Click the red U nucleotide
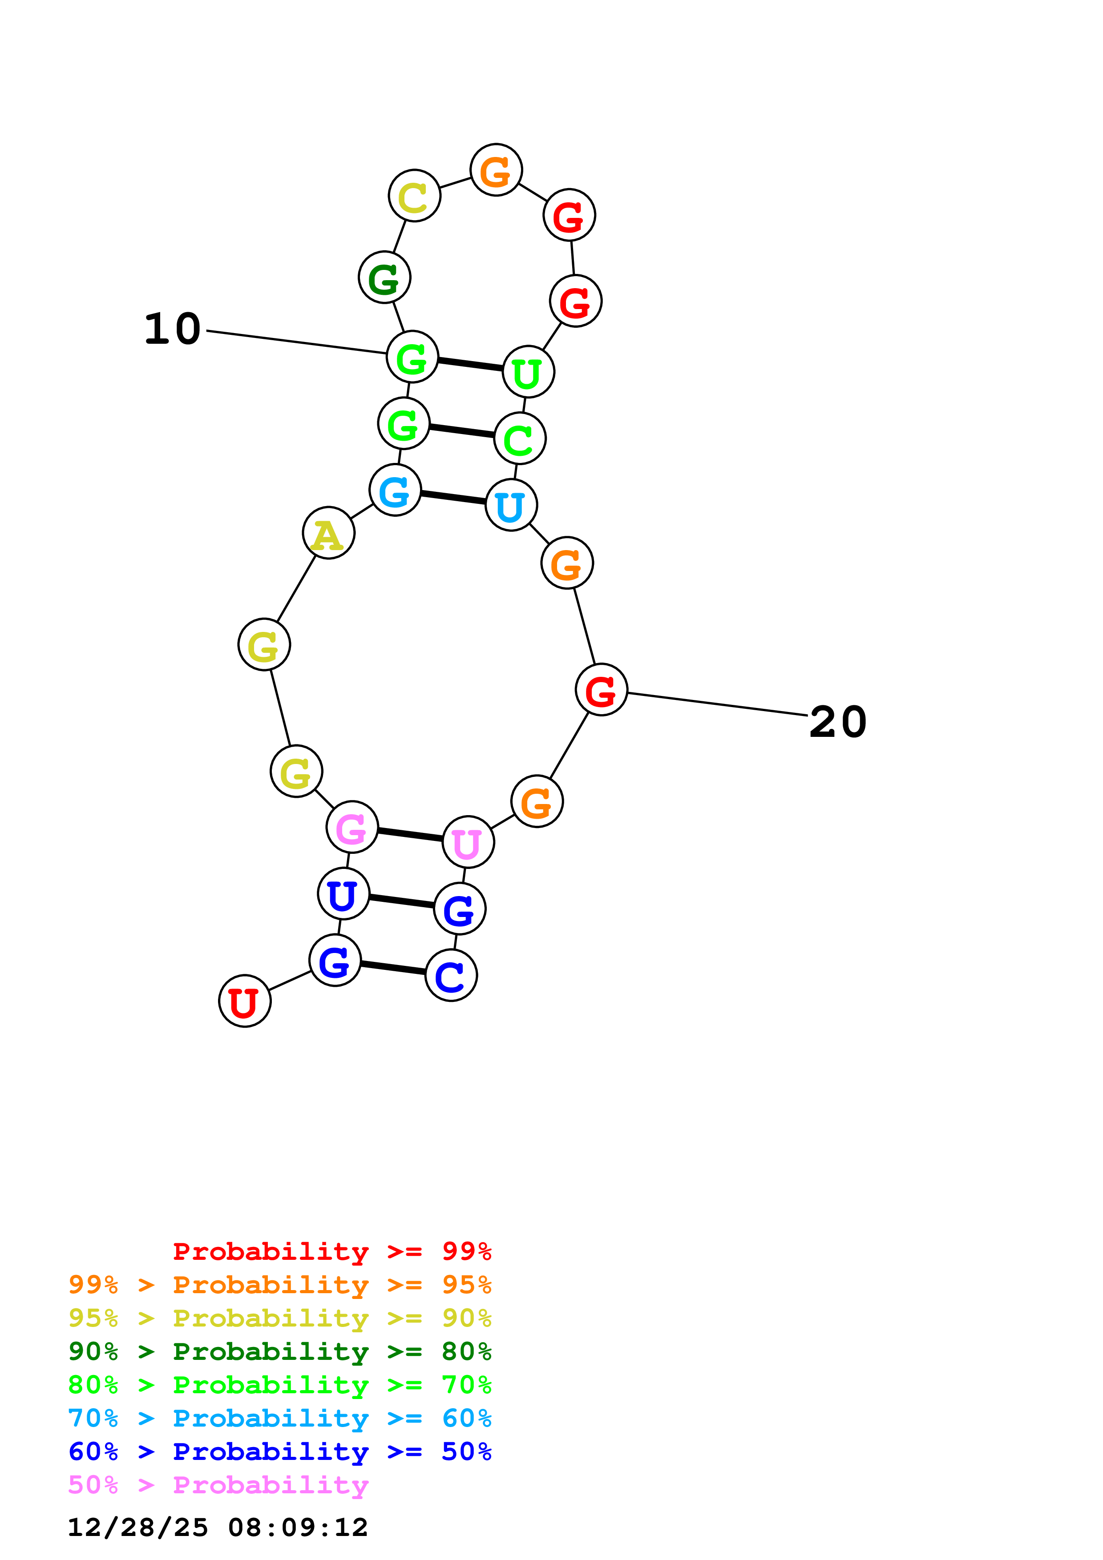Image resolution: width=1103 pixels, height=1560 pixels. point(245,1001)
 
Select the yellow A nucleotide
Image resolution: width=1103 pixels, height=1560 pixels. point(328,533)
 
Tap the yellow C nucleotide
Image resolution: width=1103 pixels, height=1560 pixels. point(414,196)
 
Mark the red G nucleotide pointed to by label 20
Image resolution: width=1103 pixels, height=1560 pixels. point(601,690)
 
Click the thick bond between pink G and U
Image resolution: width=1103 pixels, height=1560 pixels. point(410,834)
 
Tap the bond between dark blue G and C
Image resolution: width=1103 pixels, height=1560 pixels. point(393,968)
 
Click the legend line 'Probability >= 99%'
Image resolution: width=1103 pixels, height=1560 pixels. point(331,1251)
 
